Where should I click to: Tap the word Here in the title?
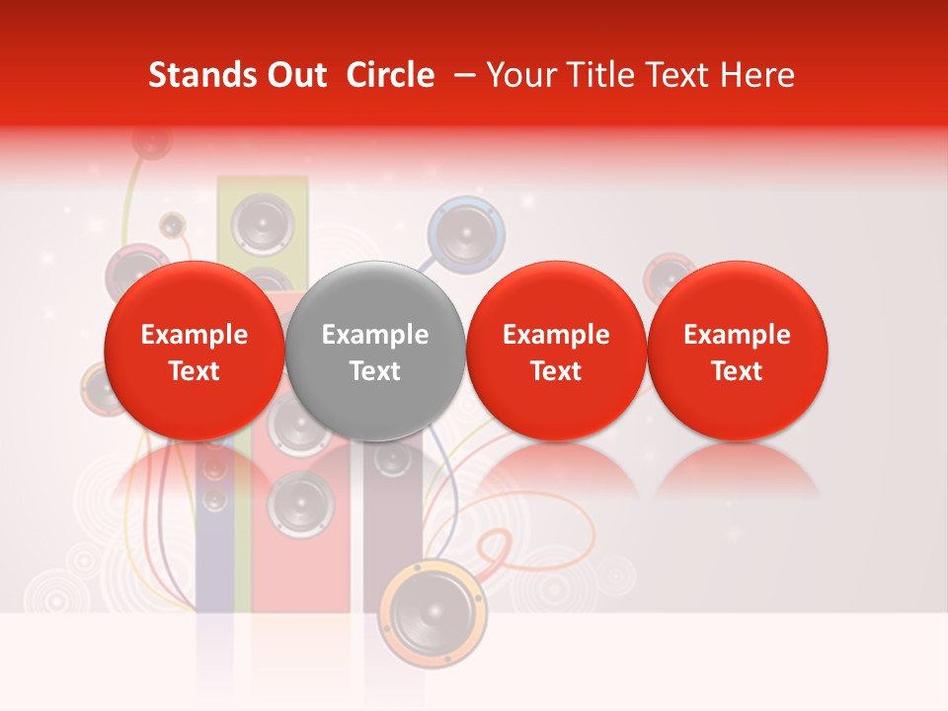point(757,75)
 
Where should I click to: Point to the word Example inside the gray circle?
point(375,335)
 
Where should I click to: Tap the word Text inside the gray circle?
point(375,371)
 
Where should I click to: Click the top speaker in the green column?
point(262,224)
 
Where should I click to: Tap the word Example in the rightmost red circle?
point(738,335)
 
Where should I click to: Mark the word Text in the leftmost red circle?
point(195,371)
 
